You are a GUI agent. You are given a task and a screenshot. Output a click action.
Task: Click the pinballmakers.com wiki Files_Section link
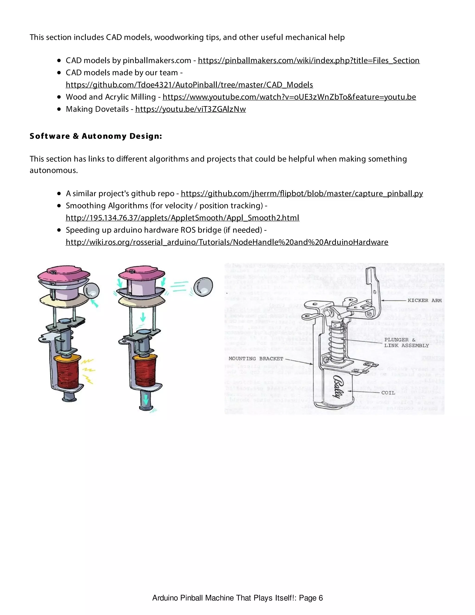(308, 61)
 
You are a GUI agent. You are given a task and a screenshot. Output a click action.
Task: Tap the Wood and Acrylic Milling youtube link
(289, 97)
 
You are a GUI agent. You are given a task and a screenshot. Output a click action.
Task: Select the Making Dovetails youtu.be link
(190, 109)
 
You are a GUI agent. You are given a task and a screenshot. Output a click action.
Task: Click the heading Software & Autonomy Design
(96, 136)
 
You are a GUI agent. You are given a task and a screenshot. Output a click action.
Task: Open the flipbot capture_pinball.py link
(302, 194)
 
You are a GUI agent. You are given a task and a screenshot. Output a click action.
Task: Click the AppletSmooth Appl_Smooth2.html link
(182, 218)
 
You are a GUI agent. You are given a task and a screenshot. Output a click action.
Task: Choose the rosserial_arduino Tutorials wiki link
(227, 242)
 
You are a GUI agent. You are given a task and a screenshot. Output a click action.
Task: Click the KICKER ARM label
(424, 301)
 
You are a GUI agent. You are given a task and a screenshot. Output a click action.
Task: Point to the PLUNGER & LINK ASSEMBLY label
(406, 343)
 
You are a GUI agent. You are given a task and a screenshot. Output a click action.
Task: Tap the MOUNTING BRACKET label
(256, 359)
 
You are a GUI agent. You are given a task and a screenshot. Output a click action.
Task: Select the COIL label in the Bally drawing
(388, 393)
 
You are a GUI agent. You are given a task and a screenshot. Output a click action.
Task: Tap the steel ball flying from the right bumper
(203, 287)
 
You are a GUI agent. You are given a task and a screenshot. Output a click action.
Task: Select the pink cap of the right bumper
(141, 273)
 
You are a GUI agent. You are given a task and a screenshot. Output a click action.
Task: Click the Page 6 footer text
(237, 598)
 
